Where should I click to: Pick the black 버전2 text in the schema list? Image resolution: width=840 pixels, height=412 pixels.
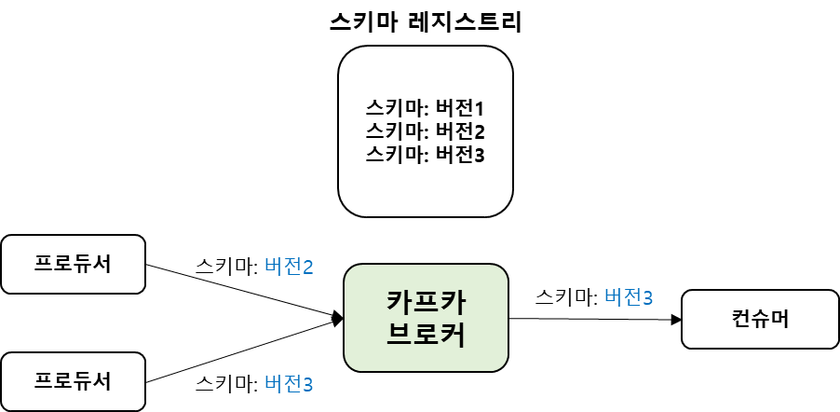click(460, 131)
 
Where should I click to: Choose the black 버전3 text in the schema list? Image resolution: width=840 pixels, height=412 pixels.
click(460, 154)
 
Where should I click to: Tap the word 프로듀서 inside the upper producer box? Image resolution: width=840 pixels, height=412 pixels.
click(73, 264)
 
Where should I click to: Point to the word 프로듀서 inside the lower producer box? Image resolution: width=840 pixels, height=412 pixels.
click(73, 381)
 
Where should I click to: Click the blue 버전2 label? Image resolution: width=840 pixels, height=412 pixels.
click(289, 268)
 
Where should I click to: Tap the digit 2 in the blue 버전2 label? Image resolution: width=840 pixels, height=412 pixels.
click(307, 268)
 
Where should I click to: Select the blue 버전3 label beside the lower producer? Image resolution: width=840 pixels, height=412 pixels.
click(289, 384)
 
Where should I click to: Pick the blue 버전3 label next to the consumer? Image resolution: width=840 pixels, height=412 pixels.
click(629, 298)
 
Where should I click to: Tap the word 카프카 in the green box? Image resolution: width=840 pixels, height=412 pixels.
click(426, 302)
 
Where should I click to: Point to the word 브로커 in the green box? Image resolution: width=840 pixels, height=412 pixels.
click(426, 335)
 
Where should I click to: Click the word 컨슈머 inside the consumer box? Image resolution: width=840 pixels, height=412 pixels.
click(760, 320)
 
